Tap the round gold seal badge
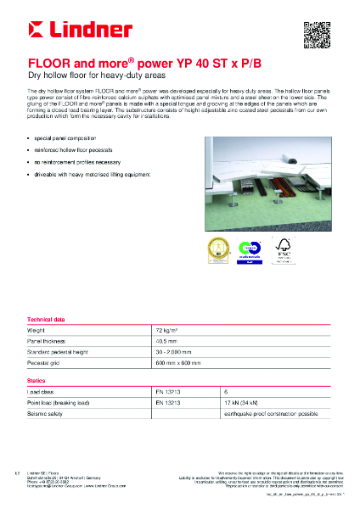[215, 249]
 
